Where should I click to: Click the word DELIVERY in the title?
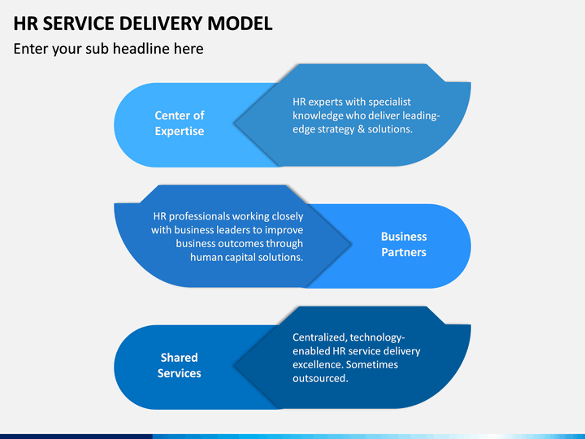click(161, 23)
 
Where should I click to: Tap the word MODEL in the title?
click(240, 23)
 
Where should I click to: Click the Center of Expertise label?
click(180, 124)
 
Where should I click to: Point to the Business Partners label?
click(404, 244)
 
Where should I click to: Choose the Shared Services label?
click(179, 365)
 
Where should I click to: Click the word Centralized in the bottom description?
click(320, 337)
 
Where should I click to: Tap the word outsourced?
click(320, 379)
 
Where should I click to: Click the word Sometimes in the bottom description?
click(372, 365)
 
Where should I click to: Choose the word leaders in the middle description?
click(233, 230)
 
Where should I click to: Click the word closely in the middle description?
click(288, 216)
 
